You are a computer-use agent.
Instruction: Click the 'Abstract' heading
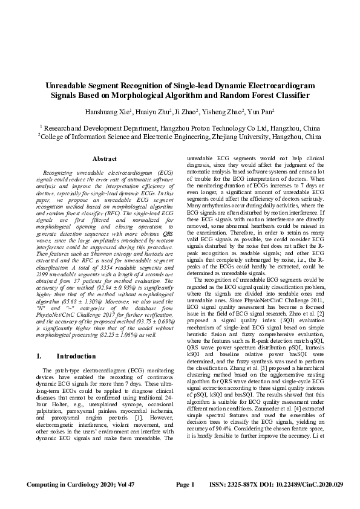click(x=103, y=158)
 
